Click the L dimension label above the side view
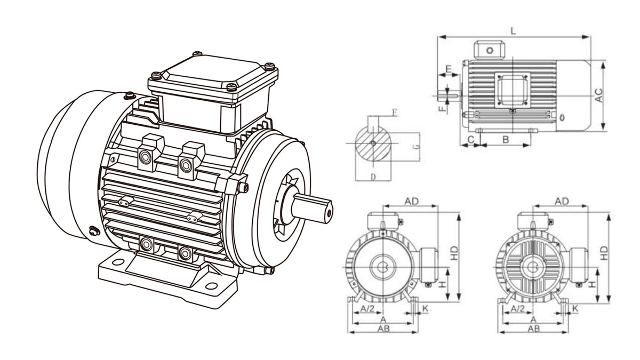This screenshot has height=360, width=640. coord(513,31)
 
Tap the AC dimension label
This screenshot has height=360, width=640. coord(599,95)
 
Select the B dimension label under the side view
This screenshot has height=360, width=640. coord(506,139)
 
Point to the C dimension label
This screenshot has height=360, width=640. coord(470,139)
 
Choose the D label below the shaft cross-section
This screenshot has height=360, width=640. coord(373,176)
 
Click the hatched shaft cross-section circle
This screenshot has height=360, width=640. coord(373,143)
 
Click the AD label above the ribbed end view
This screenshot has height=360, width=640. coord(562,201)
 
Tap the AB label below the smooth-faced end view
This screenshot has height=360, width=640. coord(383,329)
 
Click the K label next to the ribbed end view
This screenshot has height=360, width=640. coord(575,309)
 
